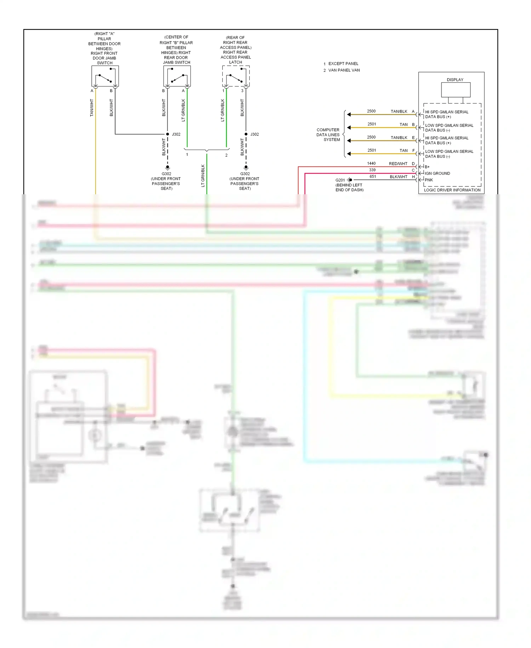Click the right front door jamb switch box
[x=105, y=76]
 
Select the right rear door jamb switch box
[x=177, y=76]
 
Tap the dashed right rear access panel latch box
[x=236, y=76]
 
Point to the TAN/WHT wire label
[x=92, y=108]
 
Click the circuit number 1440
[x=371, y=163]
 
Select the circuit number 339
[x=372, y=170]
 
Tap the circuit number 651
[x=373, y=177]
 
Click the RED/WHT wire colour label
[x=398, y=164]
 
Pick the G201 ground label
[x=340, y=180]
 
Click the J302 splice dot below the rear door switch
[x=167, y=134]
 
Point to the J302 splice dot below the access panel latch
[x=246, y=134]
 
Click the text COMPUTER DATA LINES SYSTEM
[x=328, y=135]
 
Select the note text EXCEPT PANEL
[x=343, y=64]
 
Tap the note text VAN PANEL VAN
[x=344, y=70]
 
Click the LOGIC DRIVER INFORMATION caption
[x=452, y=190]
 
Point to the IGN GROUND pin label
[x=437, y=173]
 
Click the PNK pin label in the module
[x=429, y=180]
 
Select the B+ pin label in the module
[x=427, y=167]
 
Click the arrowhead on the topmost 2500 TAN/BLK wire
[x=349, y=114]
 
